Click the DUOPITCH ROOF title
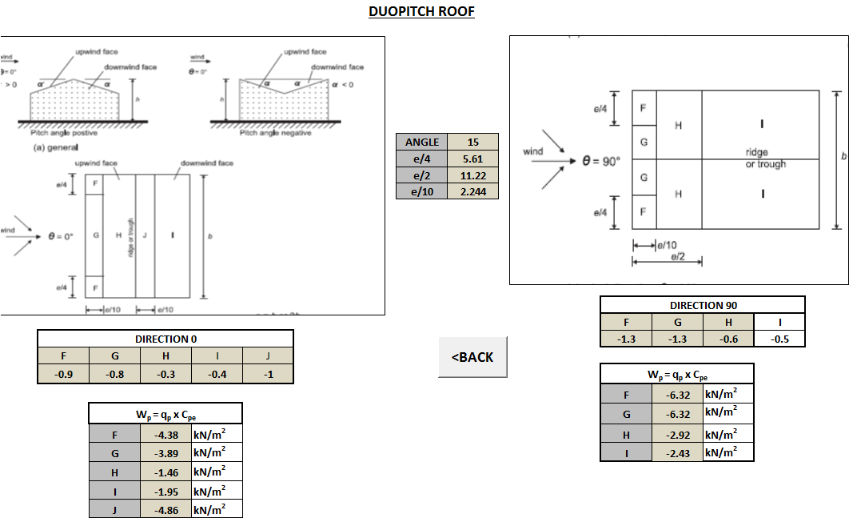(421, 12)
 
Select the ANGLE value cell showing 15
(472, 142)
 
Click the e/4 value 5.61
(472, 159)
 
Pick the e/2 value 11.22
(472, 175)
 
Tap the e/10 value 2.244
(472, 191)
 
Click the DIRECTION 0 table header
(165, 339)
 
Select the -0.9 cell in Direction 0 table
(63, 374)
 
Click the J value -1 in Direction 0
(268, 374)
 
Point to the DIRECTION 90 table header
(702, 305)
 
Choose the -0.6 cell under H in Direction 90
(727, 339)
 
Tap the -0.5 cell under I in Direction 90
(779, 339)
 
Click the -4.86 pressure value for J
(165, 509)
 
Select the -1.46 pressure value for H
(165, 472)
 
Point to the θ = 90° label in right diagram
(601, 160)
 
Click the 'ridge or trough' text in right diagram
(764, 159)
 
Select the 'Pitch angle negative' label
(276, 133)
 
